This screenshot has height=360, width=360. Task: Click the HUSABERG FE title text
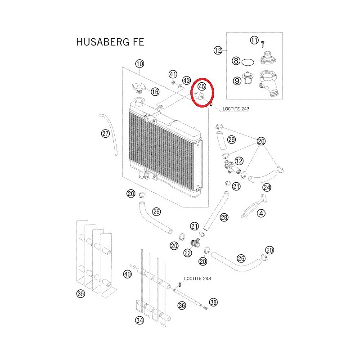110,42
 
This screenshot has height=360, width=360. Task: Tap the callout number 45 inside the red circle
202,86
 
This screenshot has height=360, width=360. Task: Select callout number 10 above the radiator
139,63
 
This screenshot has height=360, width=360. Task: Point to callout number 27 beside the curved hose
105,133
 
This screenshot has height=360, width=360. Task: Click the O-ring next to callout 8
248,62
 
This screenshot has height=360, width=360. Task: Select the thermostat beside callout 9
247,77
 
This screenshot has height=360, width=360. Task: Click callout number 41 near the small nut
173,74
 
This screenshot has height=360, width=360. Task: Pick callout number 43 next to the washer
186,81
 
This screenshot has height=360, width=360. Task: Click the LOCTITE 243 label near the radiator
236,109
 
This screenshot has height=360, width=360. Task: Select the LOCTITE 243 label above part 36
198,279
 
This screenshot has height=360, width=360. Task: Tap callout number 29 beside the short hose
231,139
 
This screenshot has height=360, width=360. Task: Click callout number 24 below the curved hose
267,187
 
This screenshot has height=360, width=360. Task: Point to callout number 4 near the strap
261,213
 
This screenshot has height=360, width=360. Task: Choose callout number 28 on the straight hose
224,217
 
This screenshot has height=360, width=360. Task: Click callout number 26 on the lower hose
241,258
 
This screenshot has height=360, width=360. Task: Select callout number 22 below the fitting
188,253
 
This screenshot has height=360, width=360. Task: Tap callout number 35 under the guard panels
81,294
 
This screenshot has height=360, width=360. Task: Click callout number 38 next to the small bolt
213,302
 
